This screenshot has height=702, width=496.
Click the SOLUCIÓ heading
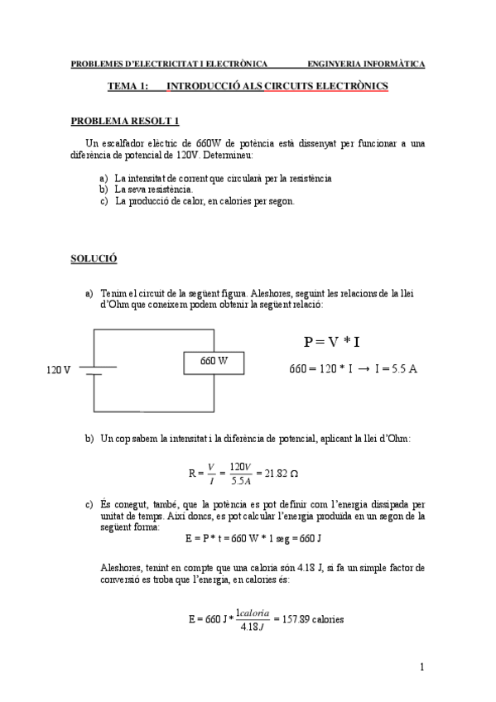tap(94, 259)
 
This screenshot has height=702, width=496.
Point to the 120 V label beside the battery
tap(58, 369)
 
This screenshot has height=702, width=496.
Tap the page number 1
tap(421, 666)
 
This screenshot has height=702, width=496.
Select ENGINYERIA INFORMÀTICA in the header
tap(366, 63)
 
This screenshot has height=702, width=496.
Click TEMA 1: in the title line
tap(128, 86)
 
